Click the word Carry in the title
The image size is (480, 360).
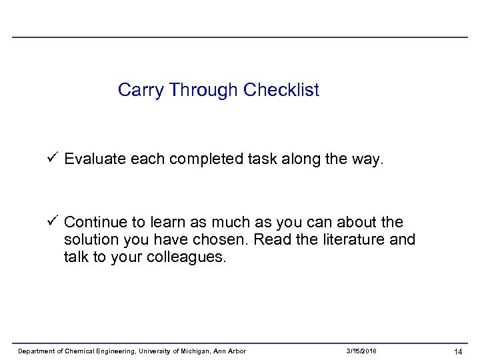coord(141,90)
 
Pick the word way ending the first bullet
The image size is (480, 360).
coord(366,159)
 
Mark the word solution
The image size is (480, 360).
coord(89,239)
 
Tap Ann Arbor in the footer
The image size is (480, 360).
coord(231,351)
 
